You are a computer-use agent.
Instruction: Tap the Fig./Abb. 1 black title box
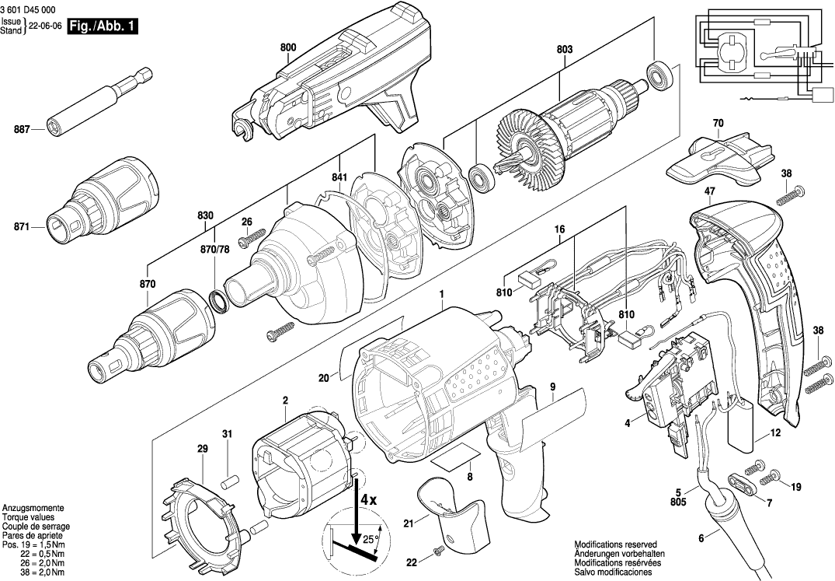coord(103,26)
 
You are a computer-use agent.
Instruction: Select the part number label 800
coord(287,47)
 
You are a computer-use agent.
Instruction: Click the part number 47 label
coord(709,190)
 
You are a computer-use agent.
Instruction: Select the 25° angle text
coord(371,538)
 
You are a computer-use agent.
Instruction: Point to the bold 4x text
coord(366,499)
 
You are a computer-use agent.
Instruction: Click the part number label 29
coord(202,450)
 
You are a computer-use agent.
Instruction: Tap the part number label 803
coord(564,49)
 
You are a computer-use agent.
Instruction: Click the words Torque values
coord(28,516)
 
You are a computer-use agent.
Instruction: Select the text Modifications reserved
coord(615,544)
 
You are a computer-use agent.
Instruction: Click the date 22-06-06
coord(46,26)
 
